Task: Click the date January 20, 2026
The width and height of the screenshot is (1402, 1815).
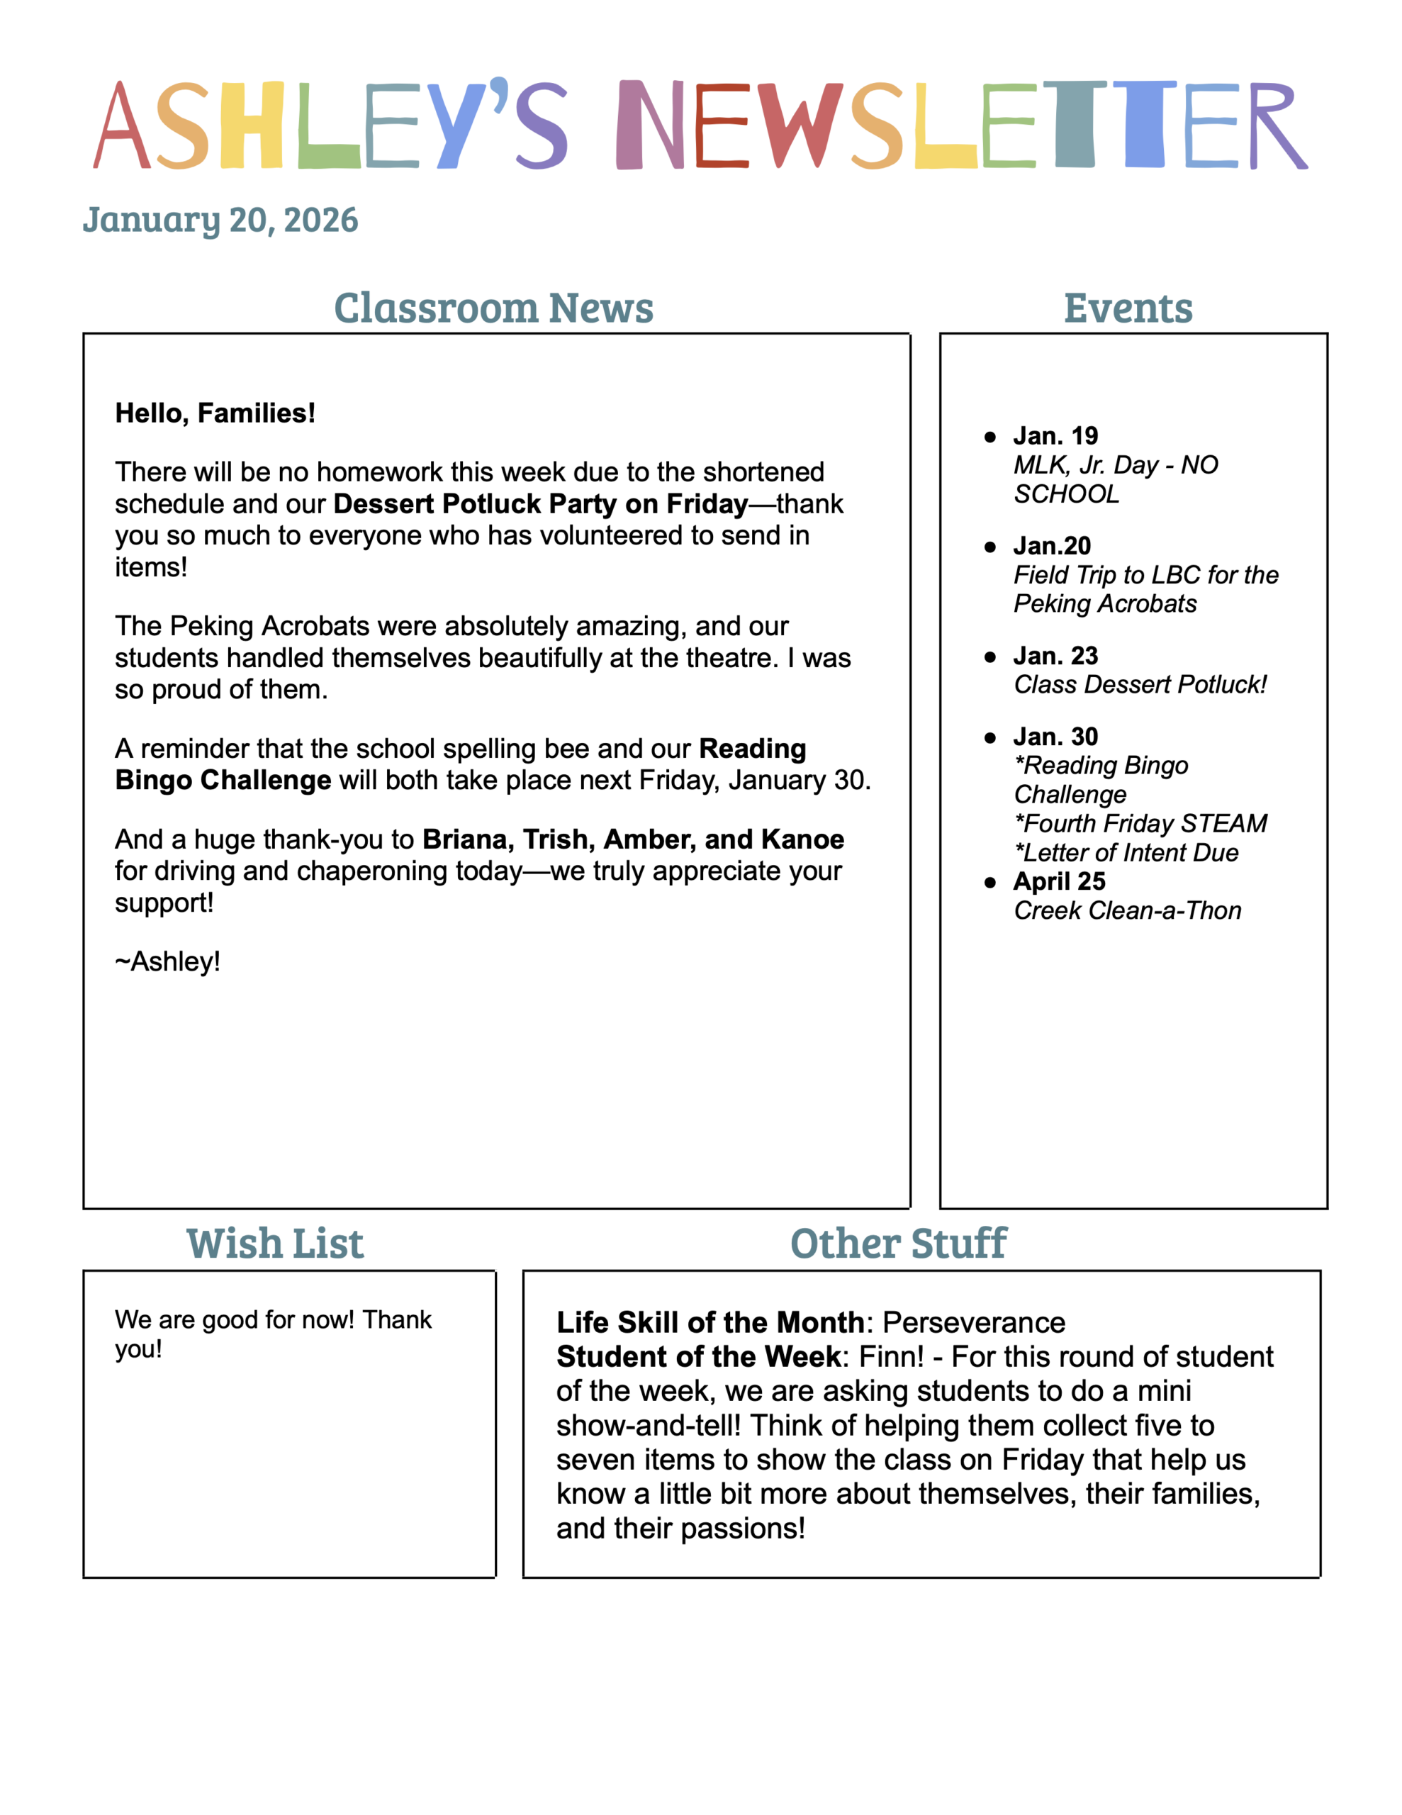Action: (220, 220)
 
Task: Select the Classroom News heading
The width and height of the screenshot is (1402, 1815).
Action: (493, 308)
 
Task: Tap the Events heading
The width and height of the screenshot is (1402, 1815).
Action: (1128, 308)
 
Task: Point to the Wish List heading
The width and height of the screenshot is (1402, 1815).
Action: (275, 1244)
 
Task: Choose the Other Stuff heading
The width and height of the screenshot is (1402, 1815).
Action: (898, 1244)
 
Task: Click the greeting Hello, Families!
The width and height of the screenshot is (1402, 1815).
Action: (215, 413)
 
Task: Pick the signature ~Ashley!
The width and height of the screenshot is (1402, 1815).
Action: (167, 961)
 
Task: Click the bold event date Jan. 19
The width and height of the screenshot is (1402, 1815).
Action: (1055, 435)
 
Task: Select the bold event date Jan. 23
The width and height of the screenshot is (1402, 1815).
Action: (1055, 656)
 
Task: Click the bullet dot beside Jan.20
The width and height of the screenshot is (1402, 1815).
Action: (989, 547)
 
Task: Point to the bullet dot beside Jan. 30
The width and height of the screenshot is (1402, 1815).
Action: (989, 738)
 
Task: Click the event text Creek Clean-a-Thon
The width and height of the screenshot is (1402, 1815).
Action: (1128, 911)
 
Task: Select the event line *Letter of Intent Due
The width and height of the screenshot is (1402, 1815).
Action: (1127, 853)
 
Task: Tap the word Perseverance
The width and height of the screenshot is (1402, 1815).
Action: (974, 1322)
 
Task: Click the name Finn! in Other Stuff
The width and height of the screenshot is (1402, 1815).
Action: (891, 1357)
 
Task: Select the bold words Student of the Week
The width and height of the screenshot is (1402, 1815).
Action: (699, 1357)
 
